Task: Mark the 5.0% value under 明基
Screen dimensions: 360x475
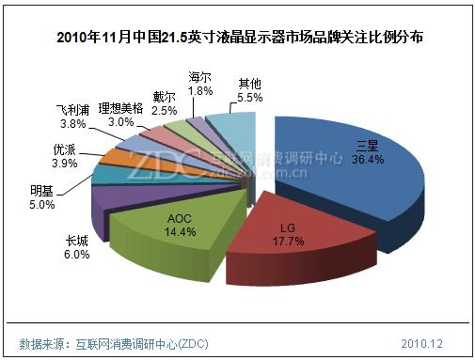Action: click(43, 206)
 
